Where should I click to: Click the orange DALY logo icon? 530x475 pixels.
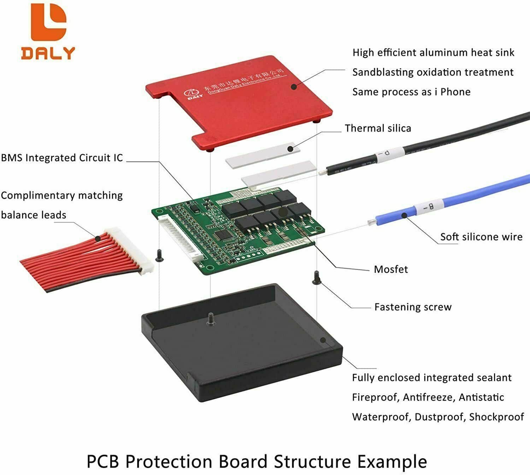(x=48, y=23)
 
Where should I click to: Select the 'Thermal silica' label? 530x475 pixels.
(x=378, y=128)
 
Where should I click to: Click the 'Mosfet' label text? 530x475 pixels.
(x=391, y=270)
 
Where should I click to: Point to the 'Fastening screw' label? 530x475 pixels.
(x=413, y=307)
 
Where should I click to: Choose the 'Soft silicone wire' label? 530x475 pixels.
(x=481, y=237)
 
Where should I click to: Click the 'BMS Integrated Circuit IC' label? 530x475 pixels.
(x=62, y=158)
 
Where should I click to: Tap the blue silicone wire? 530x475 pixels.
(x=477, y=195)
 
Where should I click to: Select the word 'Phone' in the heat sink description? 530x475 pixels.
(x=455, y=92)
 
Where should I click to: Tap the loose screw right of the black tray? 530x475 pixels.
(x=316, y=278)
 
